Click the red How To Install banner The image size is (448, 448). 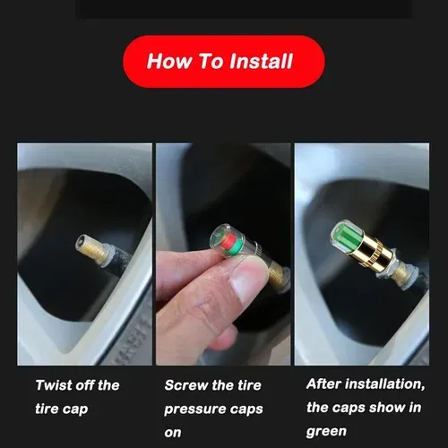[224, 61]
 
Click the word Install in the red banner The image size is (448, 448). [261, 61]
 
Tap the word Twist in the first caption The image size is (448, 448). [54, 385]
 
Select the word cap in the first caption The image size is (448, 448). [74, 409]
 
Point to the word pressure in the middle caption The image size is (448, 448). [194, 409]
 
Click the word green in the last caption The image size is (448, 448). [326, 432]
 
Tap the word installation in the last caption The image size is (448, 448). [384, 384]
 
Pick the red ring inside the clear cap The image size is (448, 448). [231, 242]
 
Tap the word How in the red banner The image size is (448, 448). [168, 61]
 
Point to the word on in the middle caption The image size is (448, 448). [173, 433]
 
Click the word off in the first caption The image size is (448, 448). [84, 385]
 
